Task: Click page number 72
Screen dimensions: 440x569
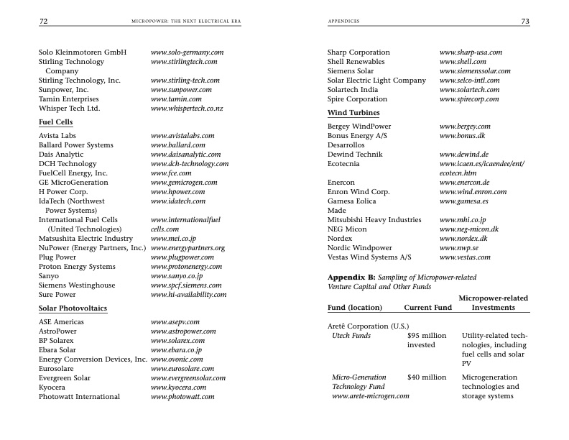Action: [43, 22]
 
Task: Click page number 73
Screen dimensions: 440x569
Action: [525, 22]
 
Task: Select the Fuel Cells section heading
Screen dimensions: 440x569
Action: [55, 122]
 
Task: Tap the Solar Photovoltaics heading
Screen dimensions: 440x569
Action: [73, 308]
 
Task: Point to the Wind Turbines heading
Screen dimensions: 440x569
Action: [353, 113]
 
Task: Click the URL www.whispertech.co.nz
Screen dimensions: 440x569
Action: [187, 109]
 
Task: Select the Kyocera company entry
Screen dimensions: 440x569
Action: [52, 388]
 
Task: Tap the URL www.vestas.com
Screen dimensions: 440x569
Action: [465, 257]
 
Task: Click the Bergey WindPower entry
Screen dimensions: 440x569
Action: [359, 127]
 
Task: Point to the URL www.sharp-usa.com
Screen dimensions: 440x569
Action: [471, 52]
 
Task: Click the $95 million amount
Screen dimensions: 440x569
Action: [427, 336]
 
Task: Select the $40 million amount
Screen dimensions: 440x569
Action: [427, 377]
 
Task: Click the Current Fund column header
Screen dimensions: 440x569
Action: [427, 308]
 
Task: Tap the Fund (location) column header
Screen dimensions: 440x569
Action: [355, 308]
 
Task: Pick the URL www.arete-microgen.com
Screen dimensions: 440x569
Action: [371, 396]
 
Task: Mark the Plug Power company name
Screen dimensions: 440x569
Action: [57, 257]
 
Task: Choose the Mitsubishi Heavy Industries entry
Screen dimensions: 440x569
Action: [374, 219]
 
